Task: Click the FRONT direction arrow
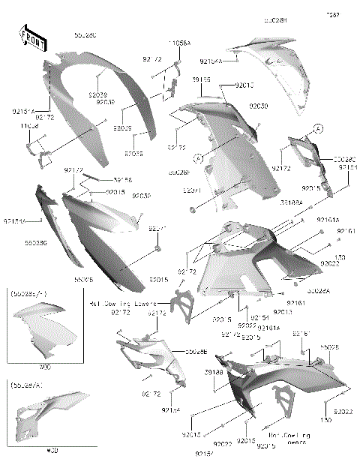29,37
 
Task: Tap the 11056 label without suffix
29,127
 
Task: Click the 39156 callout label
123,180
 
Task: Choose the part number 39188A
292,202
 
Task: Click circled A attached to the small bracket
319,129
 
